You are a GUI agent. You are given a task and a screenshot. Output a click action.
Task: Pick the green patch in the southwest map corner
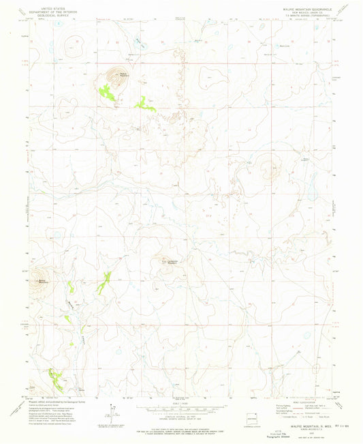tap(54, 376)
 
